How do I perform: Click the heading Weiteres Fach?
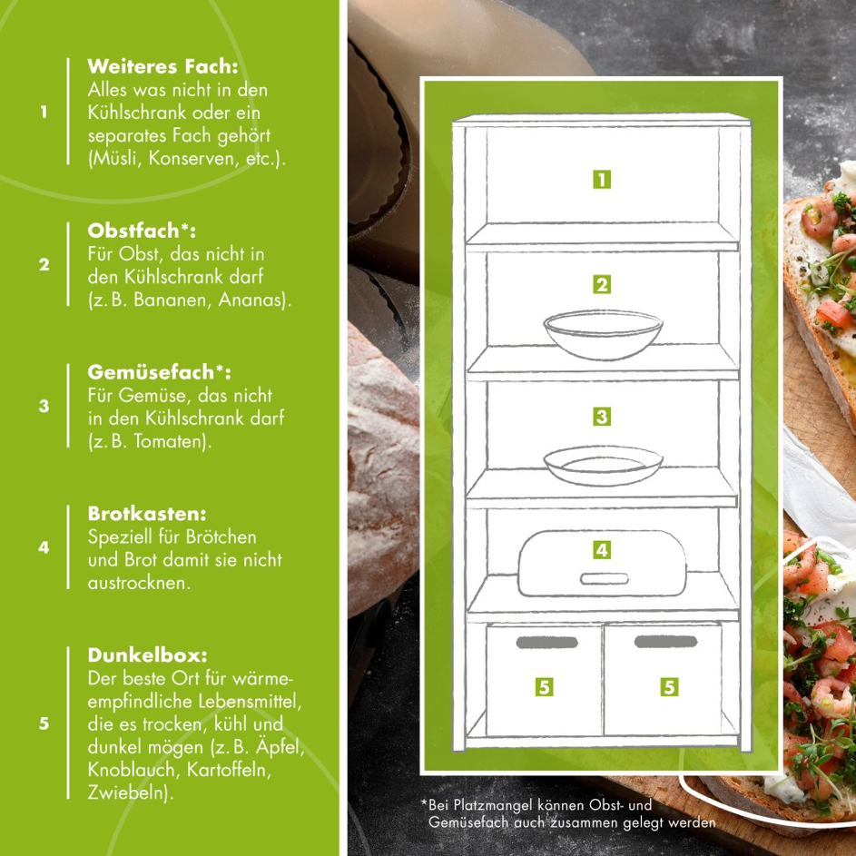pyautogui.click(x=162, y=66)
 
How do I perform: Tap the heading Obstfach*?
pyautogui.click(x=142, y=231)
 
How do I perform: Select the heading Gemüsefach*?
pyautogui.click(x=159, y=372)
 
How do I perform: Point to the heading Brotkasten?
pyautogui.click(x=147, y=514)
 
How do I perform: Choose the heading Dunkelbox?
pyautogui.click(x=147, y=655)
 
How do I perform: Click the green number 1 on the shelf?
pyautogui.click(x=602, y=180)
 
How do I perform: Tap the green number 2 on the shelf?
pyautogui.click(x=602, y=284)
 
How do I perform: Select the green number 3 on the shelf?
pyautogui.click(x=602, y=417)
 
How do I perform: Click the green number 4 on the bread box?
pyautogui.click(x=602, y=550)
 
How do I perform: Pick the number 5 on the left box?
pyautogui.click(x=544, y=687)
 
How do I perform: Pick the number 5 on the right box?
pyautogui.click(x=669, y=687)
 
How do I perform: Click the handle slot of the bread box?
pyautogui.click(x=604, y=578)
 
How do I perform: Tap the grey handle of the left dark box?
pyautogui.click(x=547, y=642)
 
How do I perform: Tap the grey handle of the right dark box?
pyautogui.click(x=666, y=642)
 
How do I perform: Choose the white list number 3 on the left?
pyautogui.click(x=44, y=406)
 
